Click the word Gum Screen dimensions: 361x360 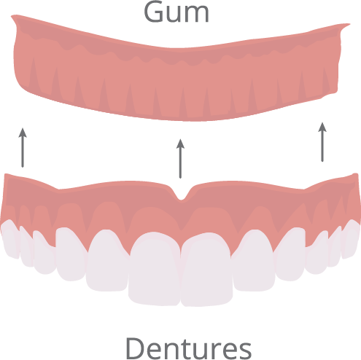click(176, 12)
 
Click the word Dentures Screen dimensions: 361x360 click(188, 348)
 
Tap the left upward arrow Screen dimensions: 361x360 click(23, 148)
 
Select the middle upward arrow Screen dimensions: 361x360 click(180, 159)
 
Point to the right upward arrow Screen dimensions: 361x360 click(322, 142)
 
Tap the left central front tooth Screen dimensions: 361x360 click(155, 268)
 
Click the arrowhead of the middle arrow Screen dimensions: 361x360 click(180, 144)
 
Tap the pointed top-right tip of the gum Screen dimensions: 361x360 click(349, 24)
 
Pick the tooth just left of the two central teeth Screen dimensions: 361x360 click(108, 260)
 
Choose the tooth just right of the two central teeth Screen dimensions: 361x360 click(254, 260)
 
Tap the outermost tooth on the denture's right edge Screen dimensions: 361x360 click(350, 239)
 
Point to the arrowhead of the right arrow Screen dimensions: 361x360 click(322, 128)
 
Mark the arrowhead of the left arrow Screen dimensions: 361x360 click(23, 133)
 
